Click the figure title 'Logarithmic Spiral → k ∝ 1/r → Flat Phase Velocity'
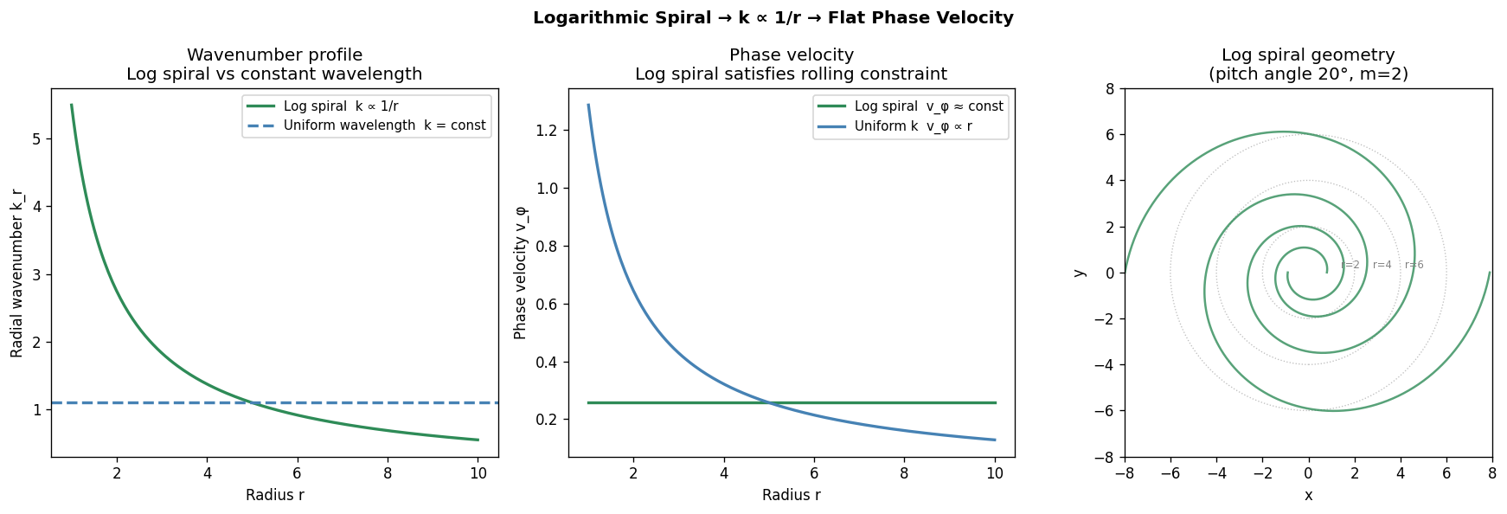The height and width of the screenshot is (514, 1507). (773, 18)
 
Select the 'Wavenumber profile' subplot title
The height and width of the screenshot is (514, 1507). (274, 55)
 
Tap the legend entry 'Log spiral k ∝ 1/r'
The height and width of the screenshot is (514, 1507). (341, 106)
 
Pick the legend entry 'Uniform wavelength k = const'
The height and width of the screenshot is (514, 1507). (384, 125)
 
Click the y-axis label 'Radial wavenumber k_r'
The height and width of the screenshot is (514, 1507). (16, 273)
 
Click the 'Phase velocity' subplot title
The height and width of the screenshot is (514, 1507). (791, 55)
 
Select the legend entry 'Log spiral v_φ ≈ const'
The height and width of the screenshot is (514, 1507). (928, 106)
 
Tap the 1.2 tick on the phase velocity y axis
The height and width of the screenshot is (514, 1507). (546, 131)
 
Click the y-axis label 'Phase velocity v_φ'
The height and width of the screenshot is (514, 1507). (520, 273)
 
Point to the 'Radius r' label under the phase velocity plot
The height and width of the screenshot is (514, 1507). (791, 495)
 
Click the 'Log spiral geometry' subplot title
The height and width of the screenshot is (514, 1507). (1307, 55)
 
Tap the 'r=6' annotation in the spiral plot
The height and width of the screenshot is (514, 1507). (1414, 265)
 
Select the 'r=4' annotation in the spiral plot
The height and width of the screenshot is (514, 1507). (1382, 265)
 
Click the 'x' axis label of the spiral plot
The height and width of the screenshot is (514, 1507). (1308, 495)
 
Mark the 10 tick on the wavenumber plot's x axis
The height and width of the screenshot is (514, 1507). (478, 473)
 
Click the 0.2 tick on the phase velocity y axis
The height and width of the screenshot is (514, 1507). (546, 420)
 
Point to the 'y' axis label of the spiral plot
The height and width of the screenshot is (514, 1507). (1079, 273)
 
